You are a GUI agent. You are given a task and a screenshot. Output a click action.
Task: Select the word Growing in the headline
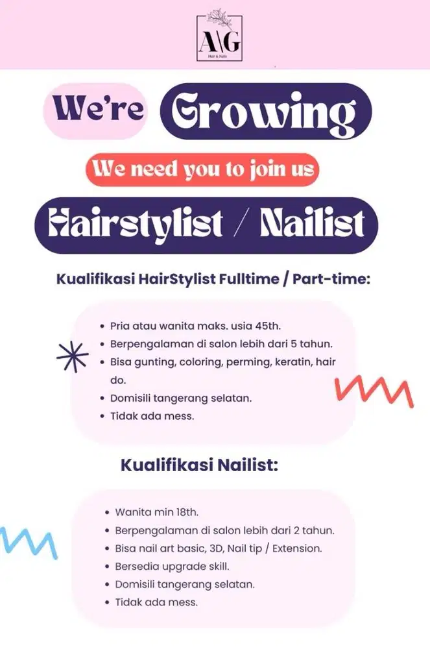(x=265, y=112)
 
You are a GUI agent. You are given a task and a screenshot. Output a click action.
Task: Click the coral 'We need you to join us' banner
(x=204, y=170)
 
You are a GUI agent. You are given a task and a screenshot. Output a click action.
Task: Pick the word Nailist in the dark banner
(x=311, y=223)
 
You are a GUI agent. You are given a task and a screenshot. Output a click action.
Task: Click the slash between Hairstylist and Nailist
(x=241, y=224)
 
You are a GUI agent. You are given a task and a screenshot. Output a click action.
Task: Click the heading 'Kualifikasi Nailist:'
(x=199, y=465)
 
